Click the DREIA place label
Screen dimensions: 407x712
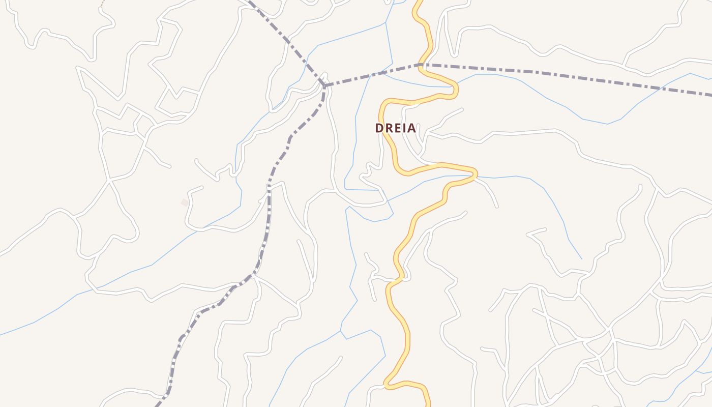click(x=396, y=128)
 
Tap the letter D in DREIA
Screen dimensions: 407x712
click(x=379, y=128)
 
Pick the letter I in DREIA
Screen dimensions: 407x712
click(x=404, y=128)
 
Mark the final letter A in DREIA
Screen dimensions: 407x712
click(x=411, y=128)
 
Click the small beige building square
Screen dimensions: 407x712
click(x=185, y=202)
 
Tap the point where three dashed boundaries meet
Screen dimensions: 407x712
click(x=324, y=85)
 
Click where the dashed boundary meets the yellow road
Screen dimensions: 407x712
click(x=422, y=65)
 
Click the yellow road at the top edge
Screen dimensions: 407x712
click(x=419, y=2)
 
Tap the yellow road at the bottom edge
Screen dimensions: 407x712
click(x=428, y=404)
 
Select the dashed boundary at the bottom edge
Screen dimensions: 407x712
click(x=158, y=404)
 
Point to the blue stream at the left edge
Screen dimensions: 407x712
click(x=2, y=334)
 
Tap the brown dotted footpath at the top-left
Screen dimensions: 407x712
click(x=103, y=3)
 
